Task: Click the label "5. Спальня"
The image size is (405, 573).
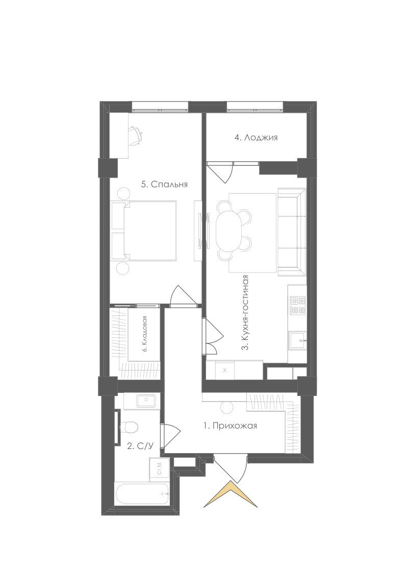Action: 164,184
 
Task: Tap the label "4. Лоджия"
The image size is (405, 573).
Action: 256,137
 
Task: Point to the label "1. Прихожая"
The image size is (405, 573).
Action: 230,426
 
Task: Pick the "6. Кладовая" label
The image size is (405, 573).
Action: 145,334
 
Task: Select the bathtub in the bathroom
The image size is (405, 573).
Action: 142,494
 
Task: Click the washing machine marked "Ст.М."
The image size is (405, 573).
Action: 159,468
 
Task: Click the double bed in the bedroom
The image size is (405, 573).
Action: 144,231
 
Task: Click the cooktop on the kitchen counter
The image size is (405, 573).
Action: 298,306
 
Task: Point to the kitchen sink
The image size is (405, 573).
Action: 298,340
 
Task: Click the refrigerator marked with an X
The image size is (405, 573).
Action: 224,370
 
